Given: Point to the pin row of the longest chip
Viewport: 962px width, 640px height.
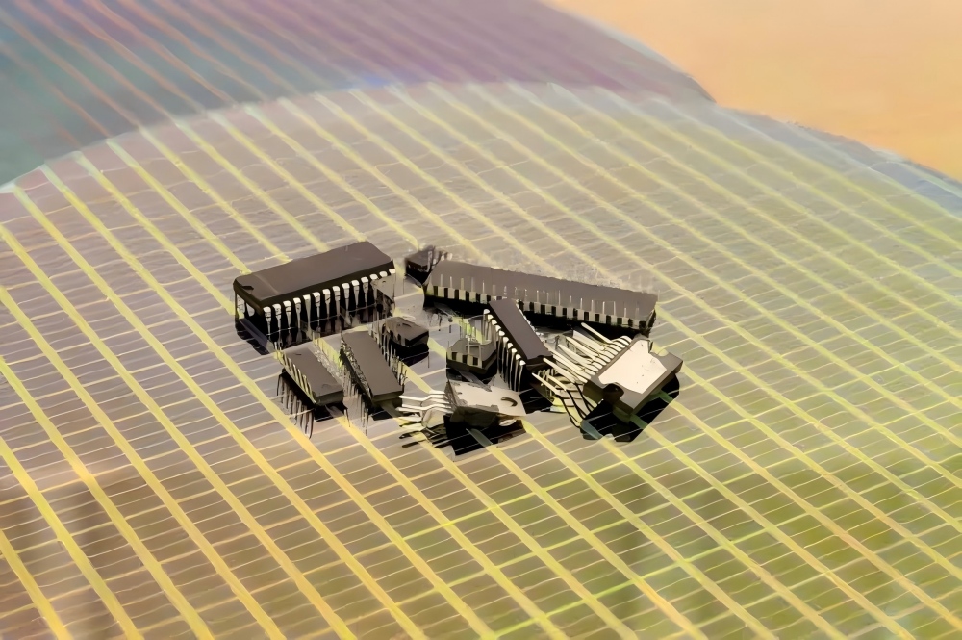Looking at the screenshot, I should [x=548, y=314].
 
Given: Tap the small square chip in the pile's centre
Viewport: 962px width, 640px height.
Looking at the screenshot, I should [x=471, y=352].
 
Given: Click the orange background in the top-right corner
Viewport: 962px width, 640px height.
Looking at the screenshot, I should [x=866, y=58].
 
